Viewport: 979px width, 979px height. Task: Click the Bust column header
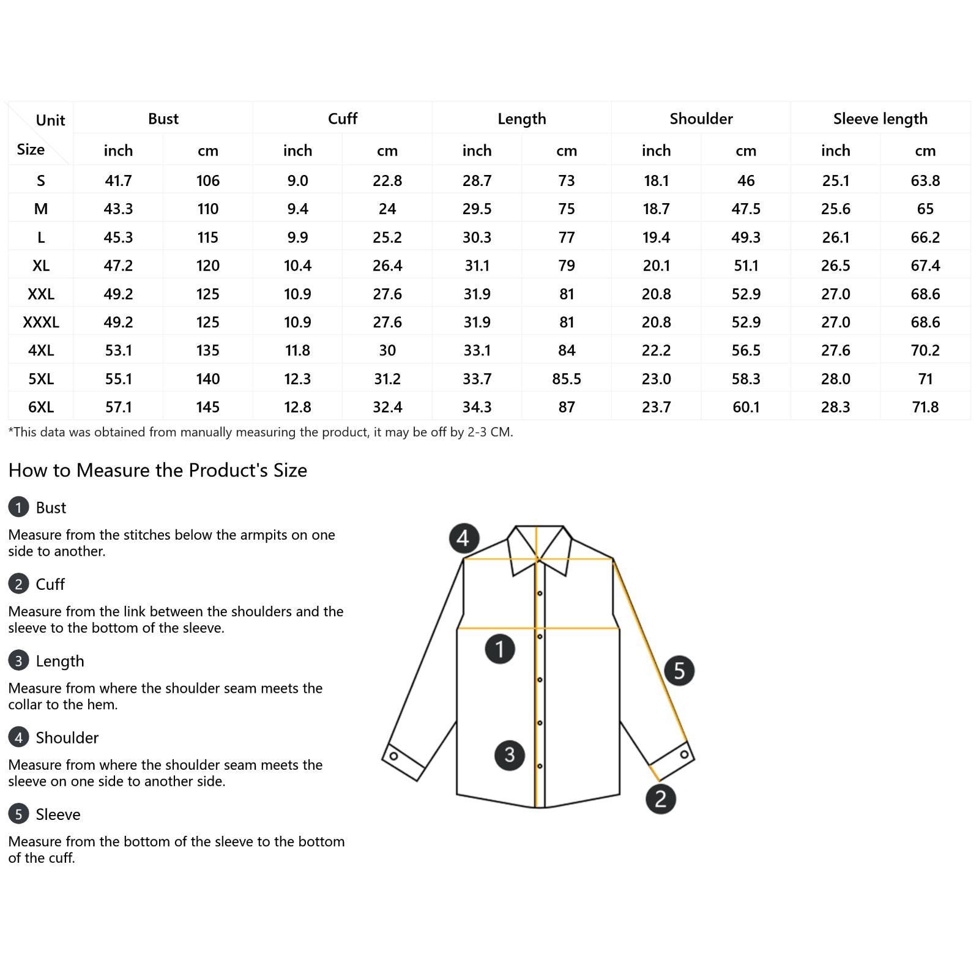click(163, 119)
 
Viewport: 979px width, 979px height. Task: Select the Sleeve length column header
click(880, 119)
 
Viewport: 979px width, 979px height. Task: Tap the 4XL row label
click(41, 351)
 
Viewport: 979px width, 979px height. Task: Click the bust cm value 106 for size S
click(208, 181)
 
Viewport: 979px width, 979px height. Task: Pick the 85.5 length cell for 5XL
click(566, 379)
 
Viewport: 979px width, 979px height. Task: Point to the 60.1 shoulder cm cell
click(745, 407)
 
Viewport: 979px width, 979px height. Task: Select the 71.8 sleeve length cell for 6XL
click(925, 407)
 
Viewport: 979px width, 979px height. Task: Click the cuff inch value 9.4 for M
click(297, 209)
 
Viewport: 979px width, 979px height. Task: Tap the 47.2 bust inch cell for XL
click(118, 266)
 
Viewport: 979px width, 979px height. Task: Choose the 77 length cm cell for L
click(566, 237)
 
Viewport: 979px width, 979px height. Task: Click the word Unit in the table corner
click(50, 121)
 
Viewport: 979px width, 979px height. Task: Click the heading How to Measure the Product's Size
click(158, 471)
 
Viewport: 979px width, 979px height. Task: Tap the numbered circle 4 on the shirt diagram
click(463, 538)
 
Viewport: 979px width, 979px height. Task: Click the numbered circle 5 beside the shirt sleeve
click(679, 670)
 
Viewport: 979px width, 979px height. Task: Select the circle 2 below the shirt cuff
click(660, 798)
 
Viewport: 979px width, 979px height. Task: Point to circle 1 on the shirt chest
click(500, 649)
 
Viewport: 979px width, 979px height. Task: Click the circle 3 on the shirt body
click(509, 755)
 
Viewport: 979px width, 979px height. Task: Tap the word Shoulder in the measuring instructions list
click(67, 738)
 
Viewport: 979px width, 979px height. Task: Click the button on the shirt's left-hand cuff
click(393, 756)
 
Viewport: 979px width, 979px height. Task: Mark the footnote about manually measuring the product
click(261, 433)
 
